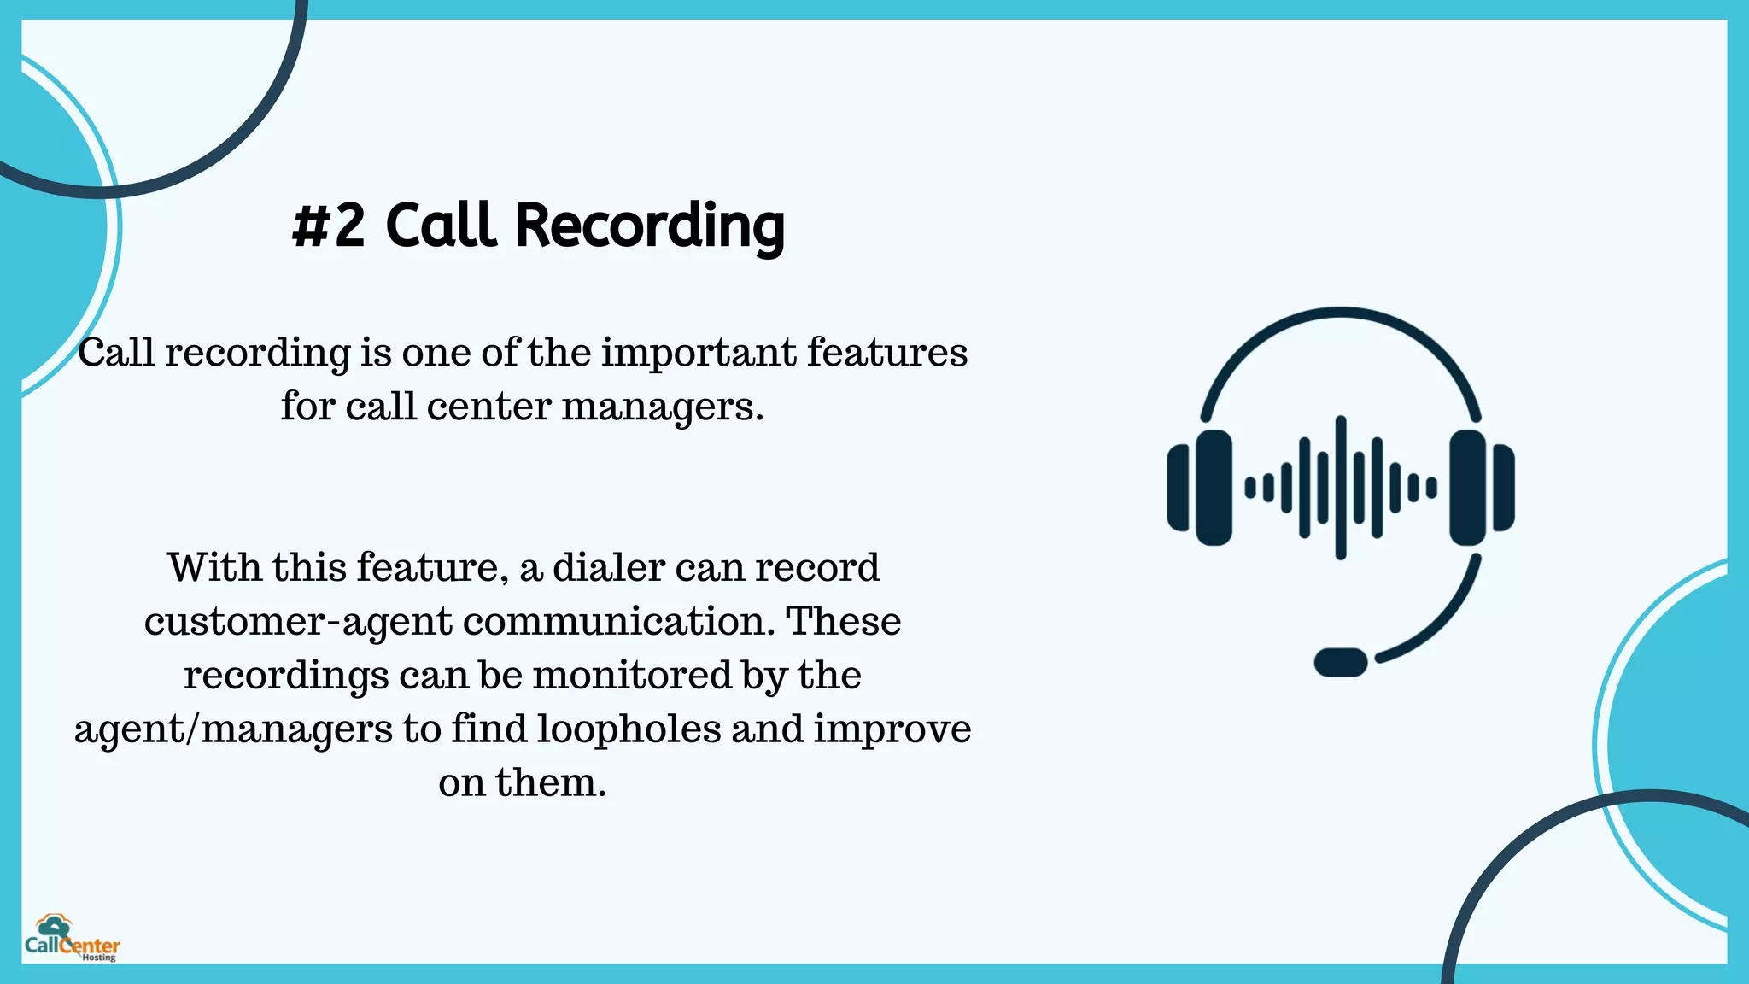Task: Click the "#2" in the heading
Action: [x=329, y=226]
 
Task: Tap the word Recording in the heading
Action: [x=650, y=226]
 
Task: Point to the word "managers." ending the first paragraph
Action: [x=662, y=406]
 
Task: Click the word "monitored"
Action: [x=633, y=675]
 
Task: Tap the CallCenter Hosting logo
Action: [x=72, y=939]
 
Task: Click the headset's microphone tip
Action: [x=1341, y=662]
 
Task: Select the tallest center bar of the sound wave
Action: [x=1341, y=488]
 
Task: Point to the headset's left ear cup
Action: [x=1213, y=488]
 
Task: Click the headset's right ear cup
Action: [x=1469, y=488]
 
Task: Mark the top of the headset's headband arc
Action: [x=1341, y=312]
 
